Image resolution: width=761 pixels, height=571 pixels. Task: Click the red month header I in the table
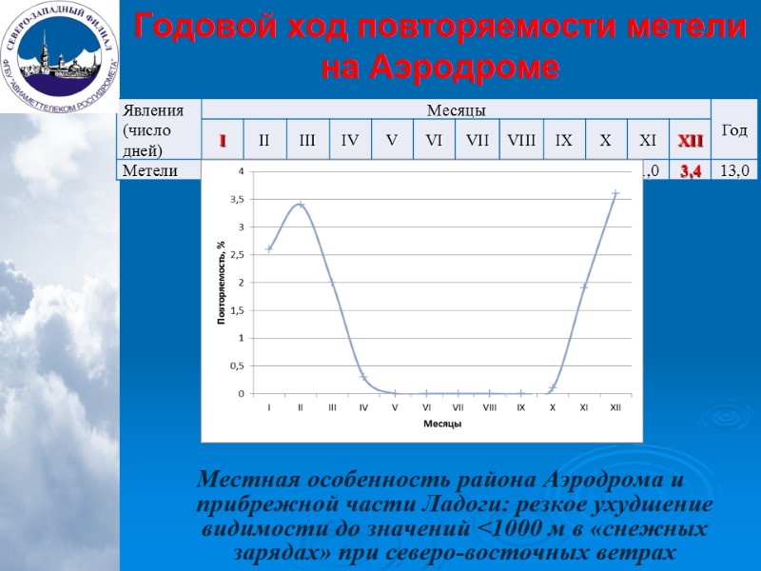[x=223, y=142]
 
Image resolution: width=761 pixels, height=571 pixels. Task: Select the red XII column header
[x=690, y=142]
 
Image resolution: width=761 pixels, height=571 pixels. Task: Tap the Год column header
[x=734, y=129]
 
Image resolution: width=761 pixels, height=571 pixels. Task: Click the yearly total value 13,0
[x=734, y=170]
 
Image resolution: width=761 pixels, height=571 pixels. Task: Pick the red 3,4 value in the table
[x=690, y=170]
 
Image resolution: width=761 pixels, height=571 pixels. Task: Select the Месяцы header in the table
[x=455, y=111]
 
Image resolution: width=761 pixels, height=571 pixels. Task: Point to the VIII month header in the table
[x=521, y=142]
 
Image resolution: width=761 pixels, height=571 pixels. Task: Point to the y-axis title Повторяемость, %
[x=221, y=283]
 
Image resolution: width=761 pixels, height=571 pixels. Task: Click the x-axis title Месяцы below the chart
[x=442, y=423]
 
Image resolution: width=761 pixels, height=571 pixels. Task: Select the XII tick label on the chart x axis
[x=615, y=407]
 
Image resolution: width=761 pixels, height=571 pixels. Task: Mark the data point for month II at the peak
[x=301, y=205]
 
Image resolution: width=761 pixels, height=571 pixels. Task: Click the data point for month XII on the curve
[x=615, y=193]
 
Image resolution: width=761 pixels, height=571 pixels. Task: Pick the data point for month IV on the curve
[x=363, y=377]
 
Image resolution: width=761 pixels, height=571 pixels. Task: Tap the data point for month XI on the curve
[x=584, y=286]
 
